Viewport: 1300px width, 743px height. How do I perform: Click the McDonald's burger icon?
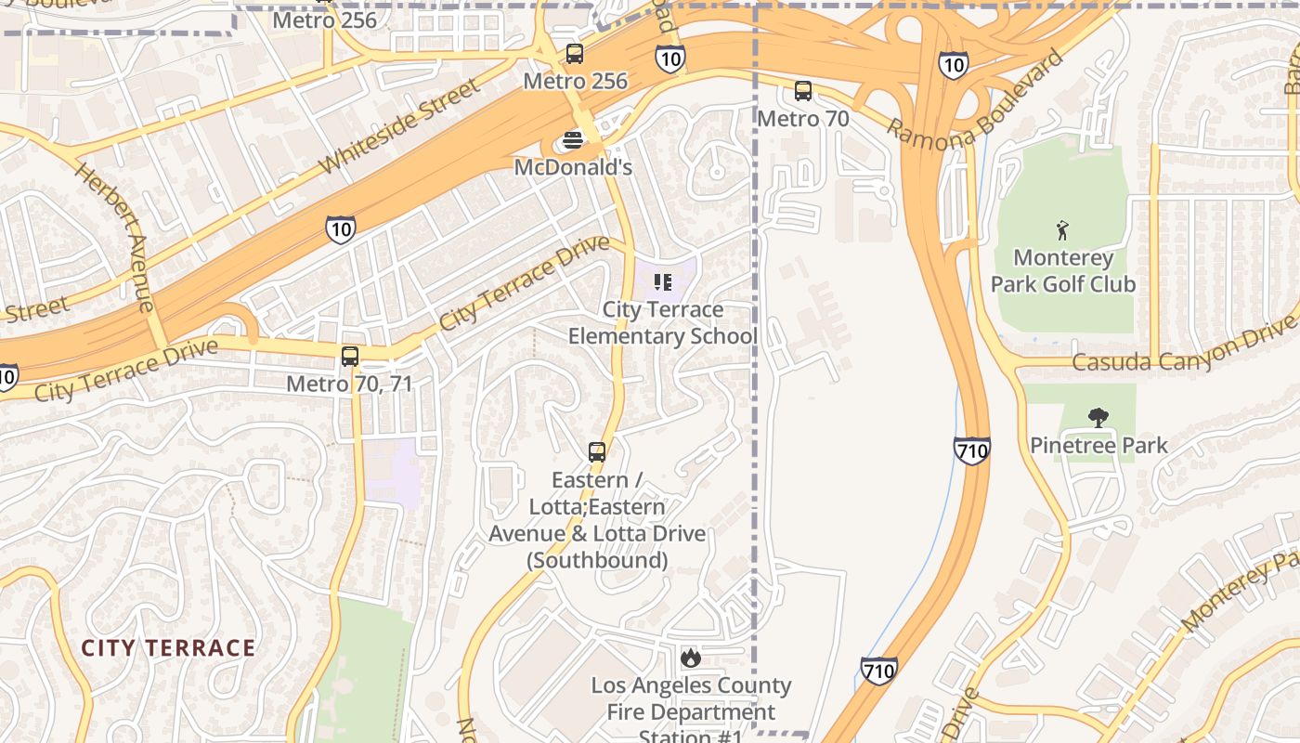[x=573, y=140]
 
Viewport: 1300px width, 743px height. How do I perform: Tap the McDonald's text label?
[x=573, y=167]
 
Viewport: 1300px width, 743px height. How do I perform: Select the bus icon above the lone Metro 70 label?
[x=803, y=91]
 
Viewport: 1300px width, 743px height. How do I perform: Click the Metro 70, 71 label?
[x=349, y=383]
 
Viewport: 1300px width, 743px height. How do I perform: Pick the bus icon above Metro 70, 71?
[x=350, y=356]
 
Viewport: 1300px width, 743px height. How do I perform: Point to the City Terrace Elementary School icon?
[x=663, y=281]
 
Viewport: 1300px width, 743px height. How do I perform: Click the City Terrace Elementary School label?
[x=663, y=322]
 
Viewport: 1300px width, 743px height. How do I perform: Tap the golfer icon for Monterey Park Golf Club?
[x=1062, y=229]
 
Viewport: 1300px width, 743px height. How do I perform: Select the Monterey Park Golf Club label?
[x=1062, y=270]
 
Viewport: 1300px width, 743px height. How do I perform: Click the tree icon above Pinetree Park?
[x=1098, y=417]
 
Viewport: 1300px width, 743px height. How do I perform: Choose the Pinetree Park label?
[x=1098, y=445]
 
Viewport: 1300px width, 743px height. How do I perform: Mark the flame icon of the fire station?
[x=690, y=658]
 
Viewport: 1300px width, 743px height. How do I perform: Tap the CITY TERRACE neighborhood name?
[x=168, y=647]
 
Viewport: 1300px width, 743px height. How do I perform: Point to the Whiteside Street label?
[x=400, y=126]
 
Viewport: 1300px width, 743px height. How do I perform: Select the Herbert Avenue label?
[x=114, y=236]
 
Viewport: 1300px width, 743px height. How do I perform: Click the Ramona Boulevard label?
[x=974, y=98]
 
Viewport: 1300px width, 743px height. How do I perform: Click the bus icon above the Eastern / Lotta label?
[x=597, y=452]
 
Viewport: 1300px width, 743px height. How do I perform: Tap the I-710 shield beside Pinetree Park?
[x=971, y=451]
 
